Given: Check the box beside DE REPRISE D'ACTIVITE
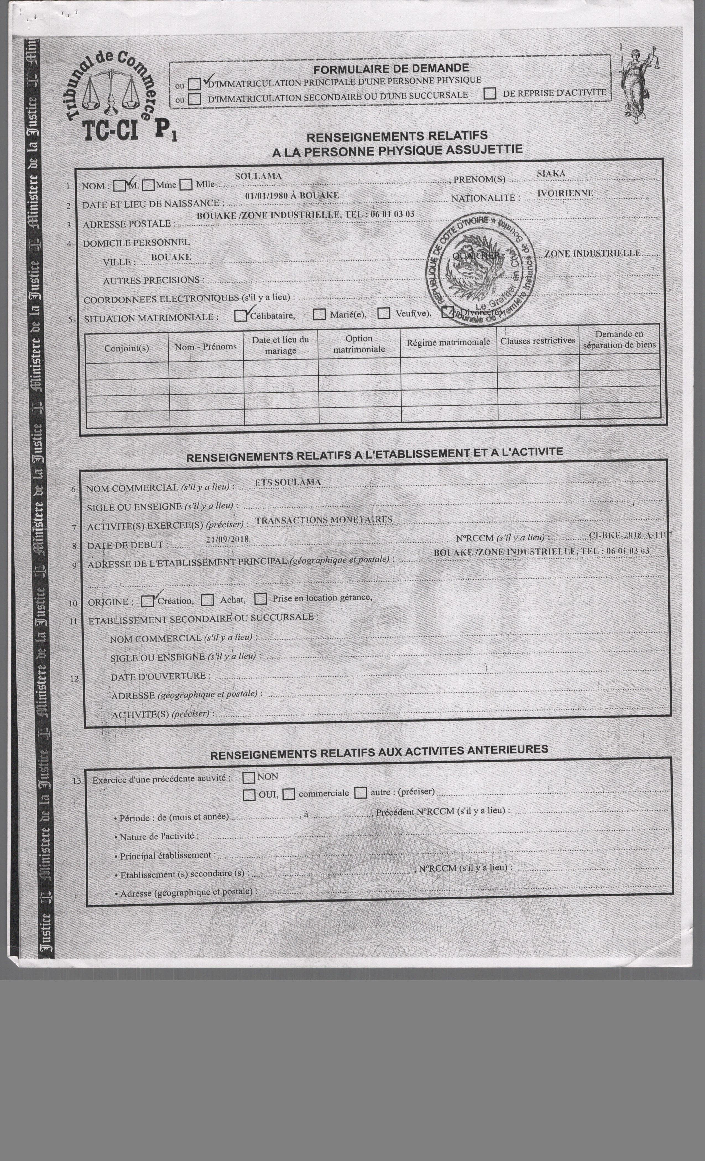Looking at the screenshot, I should click(490, 93).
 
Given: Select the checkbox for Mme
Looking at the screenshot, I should click(149, 185).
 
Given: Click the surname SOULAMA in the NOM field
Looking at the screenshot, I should click(258, 176).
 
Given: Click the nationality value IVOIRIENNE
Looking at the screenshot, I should click(565, 193).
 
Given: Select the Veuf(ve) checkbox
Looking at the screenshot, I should click(384, 313).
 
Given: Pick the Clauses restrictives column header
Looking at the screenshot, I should click(538, 341).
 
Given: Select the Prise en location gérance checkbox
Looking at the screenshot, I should click(261, 599).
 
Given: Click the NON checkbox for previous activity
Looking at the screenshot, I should click(248, 777).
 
